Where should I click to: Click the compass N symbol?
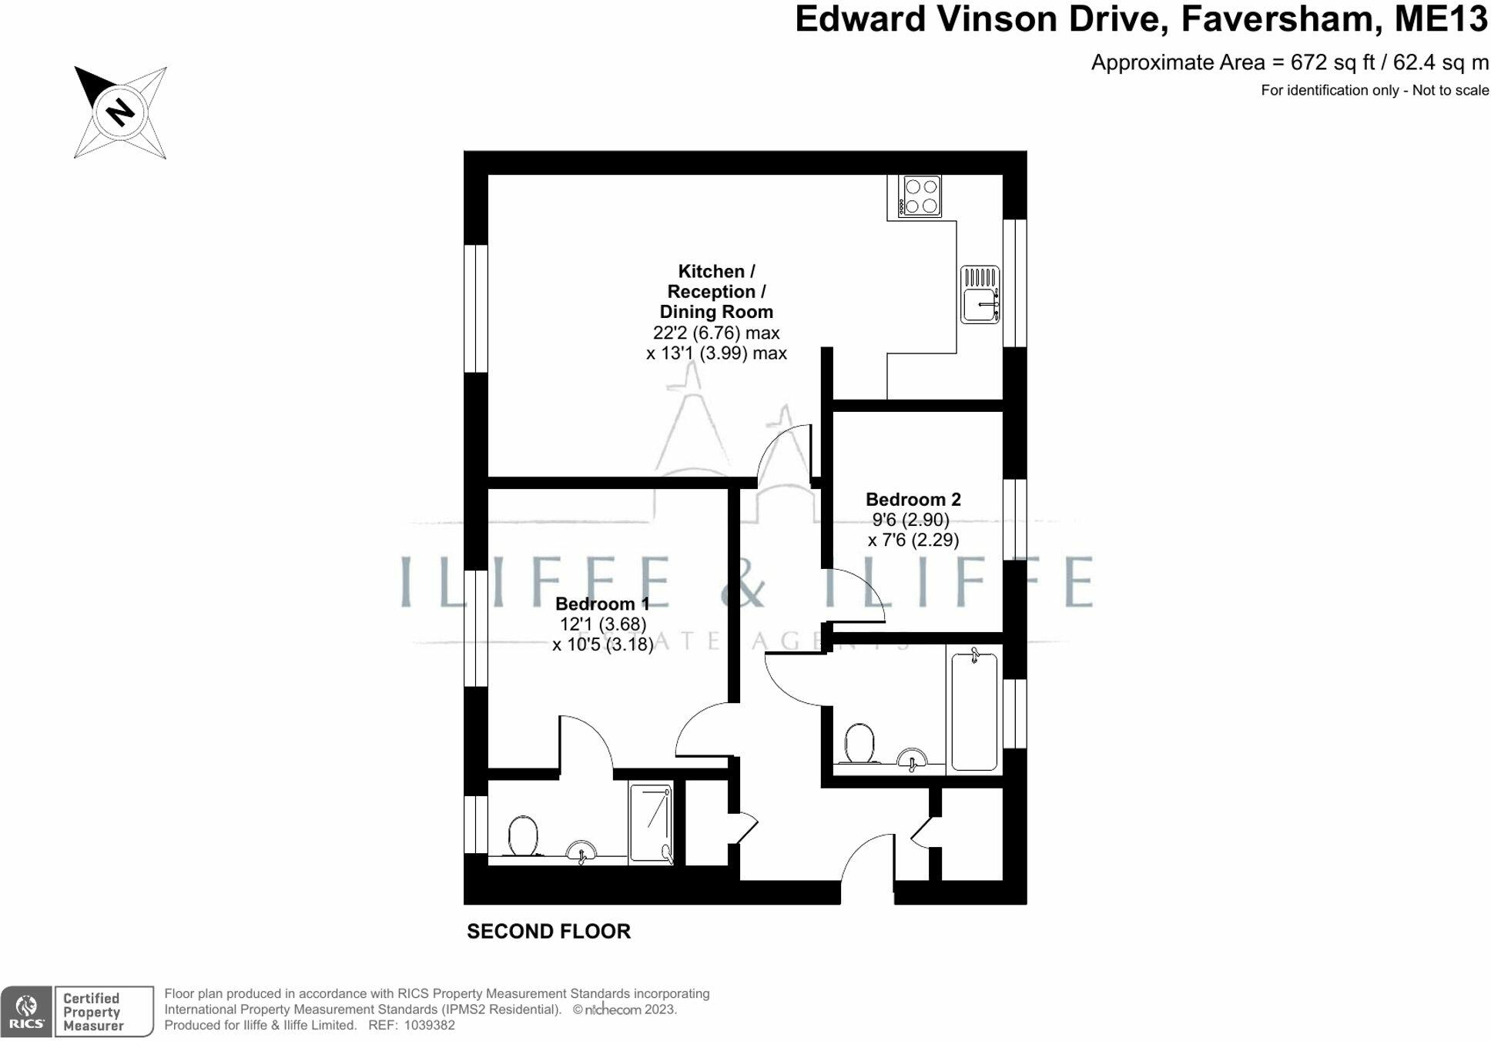pyautogui.click(x=120, y=112)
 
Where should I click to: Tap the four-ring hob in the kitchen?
pyautogui.click(x=920, y=196)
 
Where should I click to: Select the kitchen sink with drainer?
pyautogui.click(x=980, y=294)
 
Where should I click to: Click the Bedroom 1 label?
pyautogui.click(x=602, y=604)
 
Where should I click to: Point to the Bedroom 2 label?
pyautogui.click(x=913, y=499)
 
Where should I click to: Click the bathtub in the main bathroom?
pyautogui.click(x=974, y=710)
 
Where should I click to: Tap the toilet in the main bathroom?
pyautogui.click(x=859, y=744)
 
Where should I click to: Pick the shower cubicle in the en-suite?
pyautogui.click(x=651, y=823)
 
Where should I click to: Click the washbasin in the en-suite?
pyautogui.click(x=581, y=852)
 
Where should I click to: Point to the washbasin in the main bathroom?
pyautogui.click(x=913, y=759)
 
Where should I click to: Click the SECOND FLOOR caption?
pyautogui.click(x=548, y=932)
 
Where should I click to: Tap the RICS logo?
pyautogui.click(x=26, y=1011)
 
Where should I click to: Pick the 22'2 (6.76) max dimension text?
pyautogui.click(x=716, y=333)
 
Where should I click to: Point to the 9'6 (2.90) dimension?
pyautogui.click(x=910, y=520)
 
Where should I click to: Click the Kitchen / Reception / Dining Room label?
pyautogui.click(x=716, y=292)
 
